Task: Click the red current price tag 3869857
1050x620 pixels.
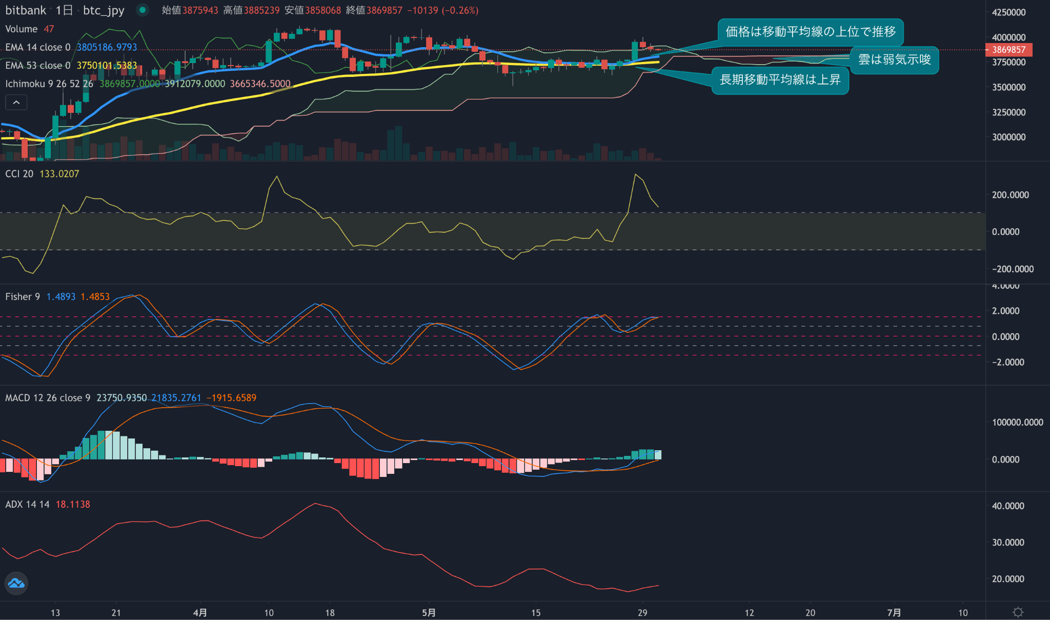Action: (1008, 50)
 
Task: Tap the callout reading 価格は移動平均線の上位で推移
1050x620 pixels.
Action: (810, 32)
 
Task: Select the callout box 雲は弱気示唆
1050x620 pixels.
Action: (894, 60)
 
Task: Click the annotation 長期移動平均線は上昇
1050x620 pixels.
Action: (780, 80)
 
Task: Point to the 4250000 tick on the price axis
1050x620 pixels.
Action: (1008, 12)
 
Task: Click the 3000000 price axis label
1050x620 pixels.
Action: (1008, 137)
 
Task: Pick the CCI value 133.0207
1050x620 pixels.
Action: (59, 174)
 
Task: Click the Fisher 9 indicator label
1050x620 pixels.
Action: (23, 297)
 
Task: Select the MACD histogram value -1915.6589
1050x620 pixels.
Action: (231, 398)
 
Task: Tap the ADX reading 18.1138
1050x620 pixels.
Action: (73, 505)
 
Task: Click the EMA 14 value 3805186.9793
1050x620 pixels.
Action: (107, 47)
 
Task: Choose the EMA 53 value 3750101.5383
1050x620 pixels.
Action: (107, 66)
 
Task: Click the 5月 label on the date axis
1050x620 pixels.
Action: (429, 613)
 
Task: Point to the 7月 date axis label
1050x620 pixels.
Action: (894, 613)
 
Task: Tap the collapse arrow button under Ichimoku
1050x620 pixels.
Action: (16, 103)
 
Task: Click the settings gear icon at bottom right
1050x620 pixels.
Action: (1018, 612)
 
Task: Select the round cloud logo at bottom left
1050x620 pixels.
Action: (16, 584)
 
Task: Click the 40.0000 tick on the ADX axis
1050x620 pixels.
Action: (1007, 506)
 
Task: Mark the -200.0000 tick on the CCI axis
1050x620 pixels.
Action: (1012, 269)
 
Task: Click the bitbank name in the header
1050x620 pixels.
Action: (26, 10)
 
